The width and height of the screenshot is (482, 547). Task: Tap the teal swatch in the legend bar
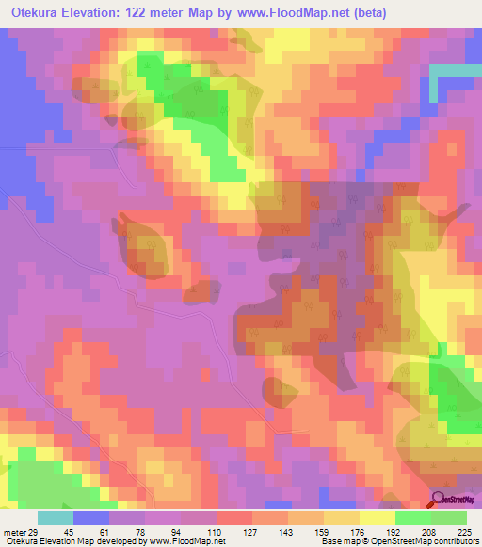point(56,518)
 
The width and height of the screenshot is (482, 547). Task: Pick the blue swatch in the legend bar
point(91,518)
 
